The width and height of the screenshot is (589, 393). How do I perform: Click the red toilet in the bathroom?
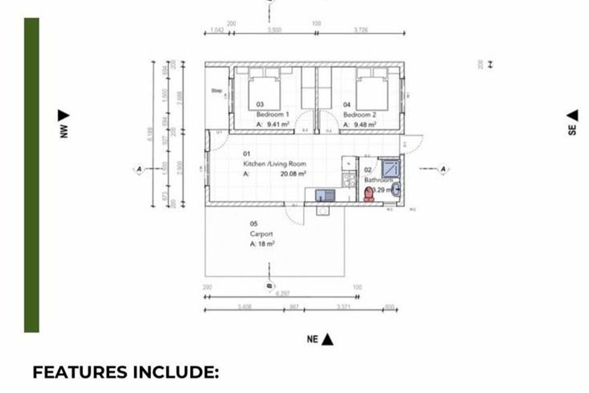368,195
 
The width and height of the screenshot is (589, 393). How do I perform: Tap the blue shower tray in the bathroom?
391,169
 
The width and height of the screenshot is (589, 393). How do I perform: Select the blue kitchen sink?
324,195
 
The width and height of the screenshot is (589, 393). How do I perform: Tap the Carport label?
261,234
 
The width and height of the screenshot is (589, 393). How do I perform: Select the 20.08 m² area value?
294,173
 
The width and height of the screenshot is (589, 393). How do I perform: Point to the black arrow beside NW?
63,115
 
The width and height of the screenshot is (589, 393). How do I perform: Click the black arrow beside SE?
572,115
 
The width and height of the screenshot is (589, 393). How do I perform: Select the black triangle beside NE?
328,339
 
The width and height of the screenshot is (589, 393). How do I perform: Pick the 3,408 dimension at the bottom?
244,308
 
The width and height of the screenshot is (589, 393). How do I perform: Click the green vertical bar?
31,175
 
